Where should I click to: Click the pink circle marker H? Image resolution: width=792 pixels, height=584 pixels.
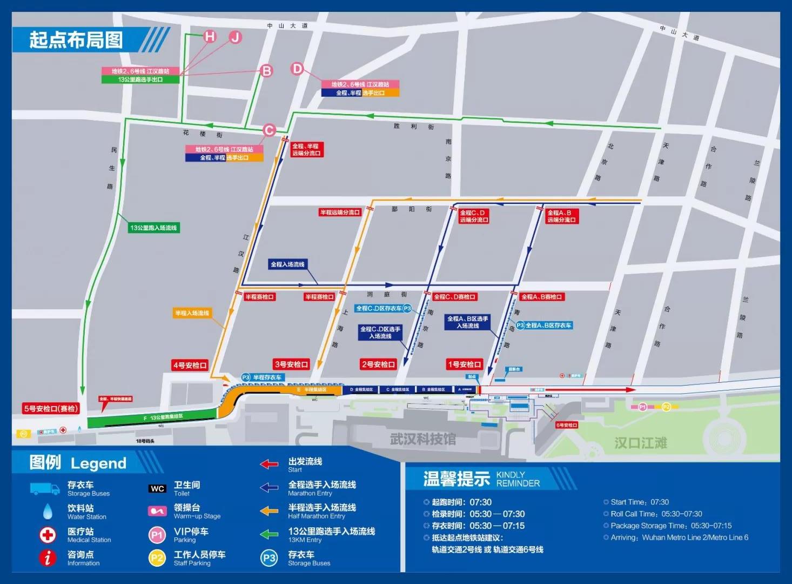click(210, 36)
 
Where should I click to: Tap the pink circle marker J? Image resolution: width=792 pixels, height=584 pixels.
click(235, 37)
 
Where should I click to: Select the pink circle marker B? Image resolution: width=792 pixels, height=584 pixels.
click(266, 71)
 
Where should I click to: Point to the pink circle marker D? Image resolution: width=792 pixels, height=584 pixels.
click(297, 69)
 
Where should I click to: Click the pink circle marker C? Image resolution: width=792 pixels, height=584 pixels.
click(269, 130)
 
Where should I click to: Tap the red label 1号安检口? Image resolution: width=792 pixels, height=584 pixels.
click(464, 364)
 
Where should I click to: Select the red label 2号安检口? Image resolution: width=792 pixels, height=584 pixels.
click(378, 364)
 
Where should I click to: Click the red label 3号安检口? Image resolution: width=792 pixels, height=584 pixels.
click(291, 364)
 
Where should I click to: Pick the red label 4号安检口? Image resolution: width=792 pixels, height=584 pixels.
click(190, 366)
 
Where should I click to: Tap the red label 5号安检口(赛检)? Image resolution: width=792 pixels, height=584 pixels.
click(51, 409)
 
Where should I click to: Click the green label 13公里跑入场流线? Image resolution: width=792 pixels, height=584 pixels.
click(153, 228)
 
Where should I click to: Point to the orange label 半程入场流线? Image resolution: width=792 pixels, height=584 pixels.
click(192, 313)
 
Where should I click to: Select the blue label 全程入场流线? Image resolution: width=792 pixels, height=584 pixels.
click(287, 264)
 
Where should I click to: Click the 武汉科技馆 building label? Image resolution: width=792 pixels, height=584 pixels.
click(423, 439)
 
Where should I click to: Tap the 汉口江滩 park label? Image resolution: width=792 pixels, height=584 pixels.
click(640, 443)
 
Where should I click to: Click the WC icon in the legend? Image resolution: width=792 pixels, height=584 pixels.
click(157, 489)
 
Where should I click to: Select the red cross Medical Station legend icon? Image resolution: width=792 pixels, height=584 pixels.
click(48, 535)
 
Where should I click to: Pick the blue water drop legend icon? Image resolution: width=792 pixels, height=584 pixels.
click(48, 512)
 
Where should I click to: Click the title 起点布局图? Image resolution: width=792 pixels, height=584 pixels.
click(76, 40)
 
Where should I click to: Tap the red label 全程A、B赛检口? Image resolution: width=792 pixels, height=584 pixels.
click(541, 297)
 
